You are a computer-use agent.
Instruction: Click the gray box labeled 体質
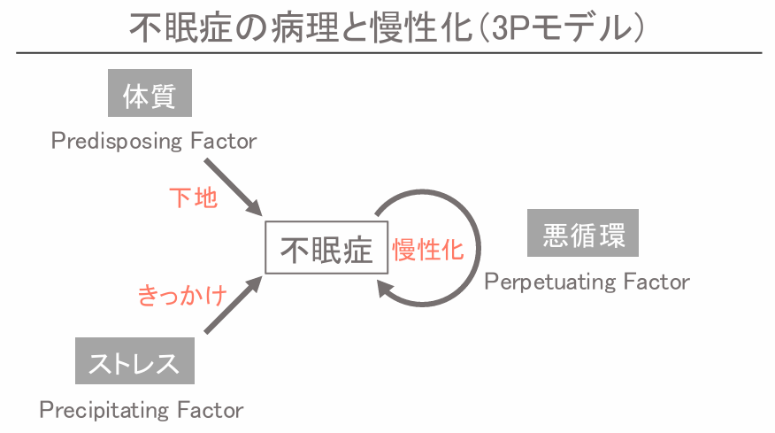150,94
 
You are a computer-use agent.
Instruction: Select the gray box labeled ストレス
134,362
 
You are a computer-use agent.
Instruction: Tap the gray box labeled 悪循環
583,234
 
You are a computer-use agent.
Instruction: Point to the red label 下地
193,197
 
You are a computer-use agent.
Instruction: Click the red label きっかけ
182,295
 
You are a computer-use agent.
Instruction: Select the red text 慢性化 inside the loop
427,250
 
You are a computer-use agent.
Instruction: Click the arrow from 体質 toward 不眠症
232,187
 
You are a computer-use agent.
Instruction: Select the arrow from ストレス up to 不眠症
232,306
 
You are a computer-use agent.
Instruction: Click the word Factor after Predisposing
222,141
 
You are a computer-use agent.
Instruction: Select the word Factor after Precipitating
208,410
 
